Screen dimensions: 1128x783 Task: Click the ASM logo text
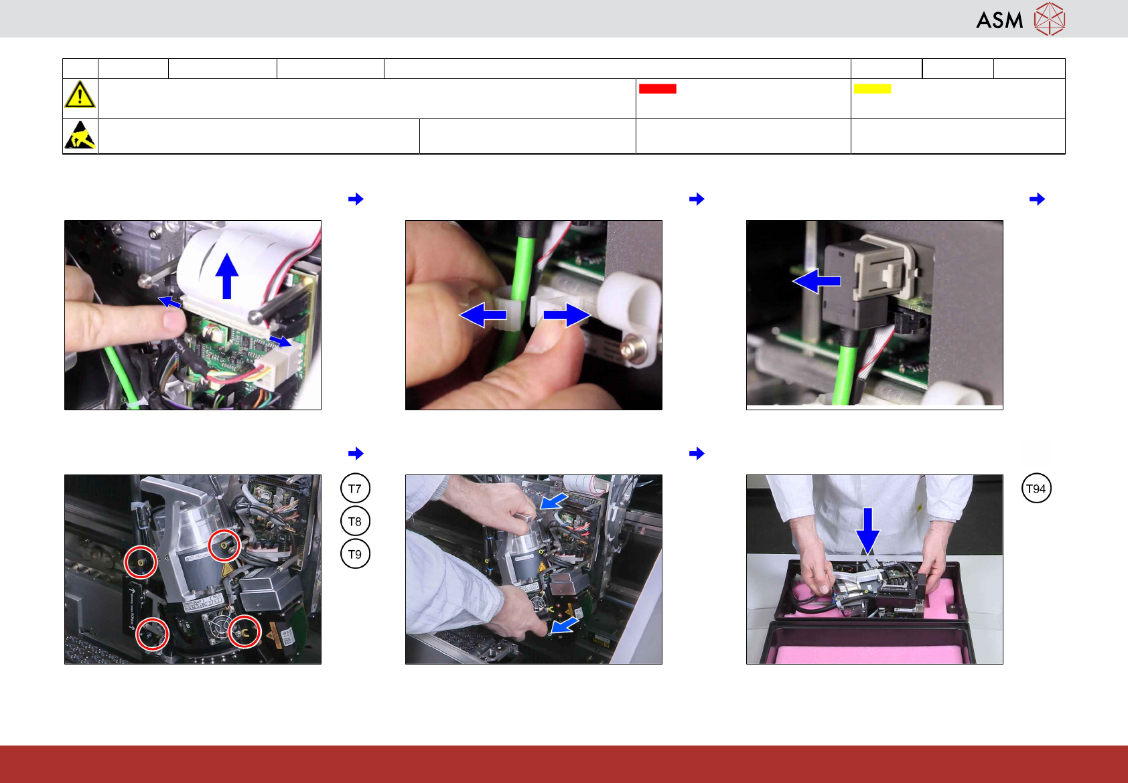[999, 21]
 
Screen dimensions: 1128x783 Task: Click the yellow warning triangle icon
[80, 94]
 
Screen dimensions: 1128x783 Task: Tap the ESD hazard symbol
[80, 135]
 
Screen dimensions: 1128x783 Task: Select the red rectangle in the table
[657, 88]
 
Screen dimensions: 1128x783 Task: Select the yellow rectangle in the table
[872, 88]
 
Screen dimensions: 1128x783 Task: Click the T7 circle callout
[355, 488]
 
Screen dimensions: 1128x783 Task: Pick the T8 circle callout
[355, 521]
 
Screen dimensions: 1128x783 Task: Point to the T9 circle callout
[355, 553]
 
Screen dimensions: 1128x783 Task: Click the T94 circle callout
[1036, 488]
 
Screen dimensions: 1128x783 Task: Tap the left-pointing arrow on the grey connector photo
[817, 281]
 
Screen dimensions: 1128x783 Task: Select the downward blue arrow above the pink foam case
[867, 531]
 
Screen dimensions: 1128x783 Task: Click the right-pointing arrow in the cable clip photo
[567, 315]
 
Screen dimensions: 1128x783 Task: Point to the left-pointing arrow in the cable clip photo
[483, 315]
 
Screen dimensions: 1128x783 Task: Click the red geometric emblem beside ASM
[1050, 19]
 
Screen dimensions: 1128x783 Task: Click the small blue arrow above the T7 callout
[356, 453]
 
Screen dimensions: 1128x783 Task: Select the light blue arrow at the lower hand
[565, 626]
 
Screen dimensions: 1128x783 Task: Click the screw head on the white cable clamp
[627, 349]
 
